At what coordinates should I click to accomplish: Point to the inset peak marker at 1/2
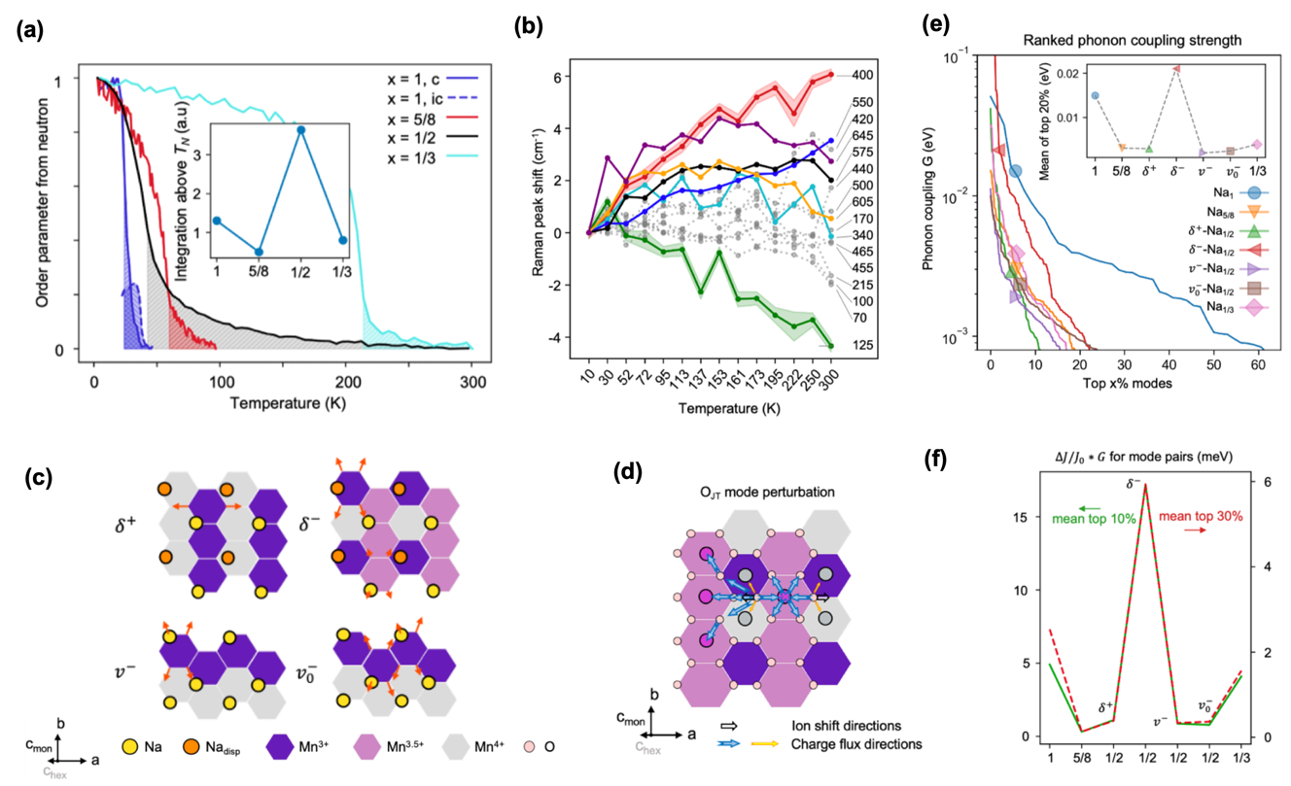tap(301, 130)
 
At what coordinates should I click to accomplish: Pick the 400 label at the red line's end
tap(861, 75)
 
